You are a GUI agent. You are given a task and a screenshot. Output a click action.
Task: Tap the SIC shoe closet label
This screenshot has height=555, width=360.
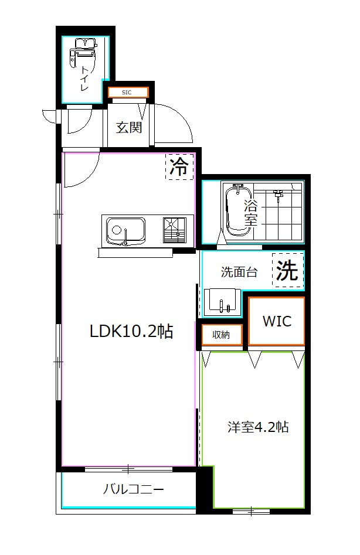[x=127, y=93]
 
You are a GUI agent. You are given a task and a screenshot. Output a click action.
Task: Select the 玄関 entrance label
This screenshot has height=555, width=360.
[x=128, y=127]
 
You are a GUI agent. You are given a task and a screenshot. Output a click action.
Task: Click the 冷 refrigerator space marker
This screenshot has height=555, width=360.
[x=179, y=168]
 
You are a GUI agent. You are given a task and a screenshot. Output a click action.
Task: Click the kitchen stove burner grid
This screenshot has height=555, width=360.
[x=175, y=229]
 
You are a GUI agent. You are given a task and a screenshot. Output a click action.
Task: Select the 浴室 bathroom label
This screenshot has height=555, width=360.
[x=251, y=213]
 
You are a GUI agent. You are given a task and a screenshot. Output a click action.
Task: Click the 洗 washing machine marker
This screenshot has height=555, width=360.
[x=287, y=271]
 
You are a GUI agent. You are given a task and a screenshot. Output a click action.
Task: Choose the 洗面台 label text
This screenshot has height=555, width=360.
[x=239, y=272]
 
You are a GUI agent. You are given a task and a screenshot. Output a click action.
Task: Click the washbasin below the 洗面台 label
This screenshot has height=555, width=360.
[x=222, y=301]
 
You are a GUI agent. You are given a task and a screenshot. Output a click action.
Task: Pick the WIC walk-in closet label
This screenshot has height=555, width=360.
[x=276, y=321]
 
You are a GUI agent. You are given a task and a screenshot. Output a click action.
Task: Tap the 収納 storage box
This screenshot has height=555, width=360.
[x=221, y=335]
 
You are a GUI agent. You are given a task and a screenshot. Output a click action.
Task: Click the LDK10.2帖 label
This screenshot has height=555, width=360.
[x=131, y=331]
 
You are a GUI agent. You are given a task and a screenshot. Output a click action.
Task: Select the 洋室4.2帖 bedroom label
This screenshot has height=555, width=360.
[x=258, y=427]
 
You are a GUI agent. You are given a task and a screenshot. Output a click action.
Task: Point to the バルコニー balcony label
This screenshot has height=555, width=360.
[x=133, y=489]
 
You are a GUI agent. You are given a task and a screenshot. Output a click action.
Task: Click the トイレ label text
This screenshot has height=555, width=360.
[x=85, y=79]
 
